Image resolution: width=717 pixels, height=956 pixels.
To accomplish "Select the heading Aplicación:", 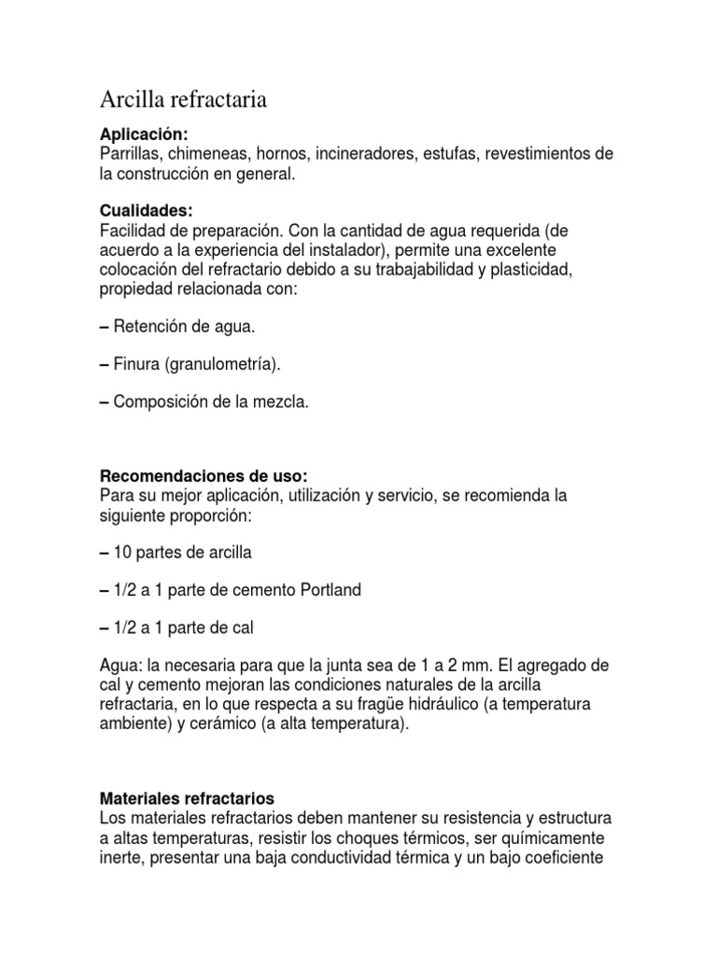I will click(144, 135).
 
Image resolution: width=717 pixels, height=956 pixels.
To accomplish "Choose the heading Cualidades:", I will click(146, 212).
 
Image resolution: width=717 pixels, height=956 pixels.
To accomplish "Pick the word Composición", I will click(156, 403).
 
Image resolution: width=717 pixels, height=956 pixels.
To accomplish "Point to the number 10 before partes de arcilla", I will click(122, 552).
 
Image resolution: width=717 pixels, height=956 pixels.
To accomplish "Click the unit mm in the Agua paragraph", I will click(476, 667).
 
